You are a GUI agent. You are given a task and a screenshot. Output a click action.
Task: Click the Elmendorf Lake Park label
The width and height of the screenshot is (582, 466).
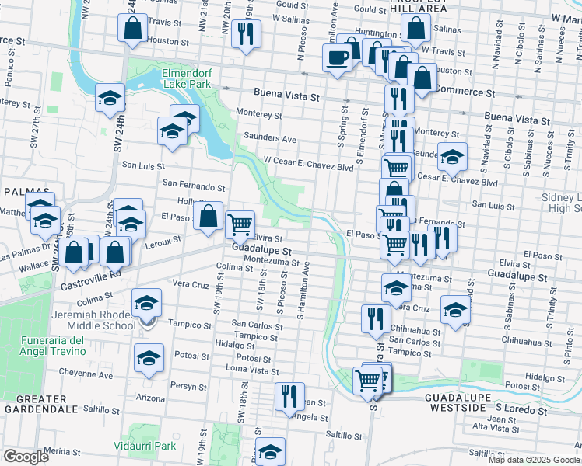tap(186, 77)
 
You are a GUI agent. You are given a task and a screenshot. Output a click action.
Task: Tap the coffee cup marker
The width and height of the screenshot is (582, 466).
tap(337, 58)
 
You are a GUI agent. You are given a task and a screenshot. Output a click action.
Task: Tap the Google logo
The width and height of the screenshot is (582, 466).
tap(26, 457)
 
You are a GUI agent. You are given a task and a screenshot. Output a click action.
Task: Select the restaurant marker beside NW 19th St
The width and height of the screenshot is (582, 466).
tap(246, 33)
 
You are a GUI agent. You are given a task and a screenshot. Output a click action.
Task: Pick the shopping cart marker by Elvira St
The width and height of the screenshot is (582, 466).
tap(240, 224)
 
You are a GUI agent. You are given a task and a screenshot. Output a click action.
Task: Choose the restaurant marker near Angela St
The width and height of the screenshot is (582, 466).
tap(289, 396)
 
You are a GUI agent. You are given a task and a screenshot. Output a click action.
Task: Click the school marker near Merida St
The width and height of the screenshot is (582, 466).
tap(270, 452)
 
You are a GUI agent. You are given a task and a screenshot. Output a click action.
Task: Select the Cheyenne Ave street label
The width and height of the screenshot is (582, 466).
tap(81, 375)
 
